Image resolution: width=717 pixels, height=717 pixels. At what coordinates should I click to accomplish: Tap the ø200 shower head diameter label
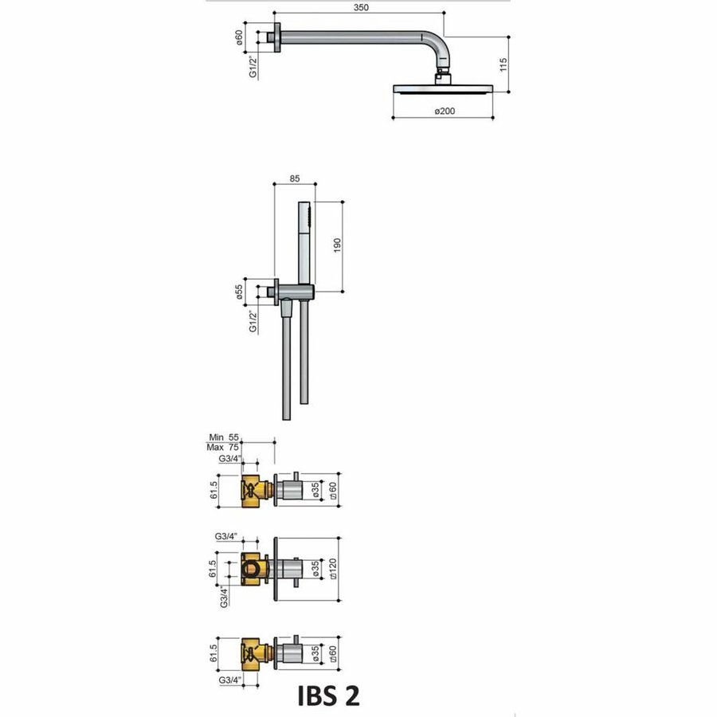(x=444, y=112)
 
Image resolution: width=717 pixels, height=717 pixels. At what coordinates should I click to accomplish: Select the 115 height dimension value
(x=503, y=65)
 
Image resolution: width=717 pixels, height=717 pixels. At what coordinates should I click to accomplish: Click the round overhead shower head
(x=443, y=88)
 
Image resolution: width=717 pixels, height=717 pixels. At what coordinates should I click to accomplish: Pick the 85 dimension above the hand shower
(x=294, y=178)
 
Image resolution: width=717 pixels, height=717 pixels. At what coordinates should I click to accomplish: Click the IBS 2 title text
(x=328, y=695)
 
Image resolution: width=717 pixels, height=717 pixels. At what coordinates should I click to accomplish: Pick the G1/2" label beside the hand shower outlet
(x=253, y=319)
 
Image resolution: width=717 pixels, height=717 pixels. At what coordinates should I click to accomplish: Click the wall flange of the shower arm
(x=276, y=37)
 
